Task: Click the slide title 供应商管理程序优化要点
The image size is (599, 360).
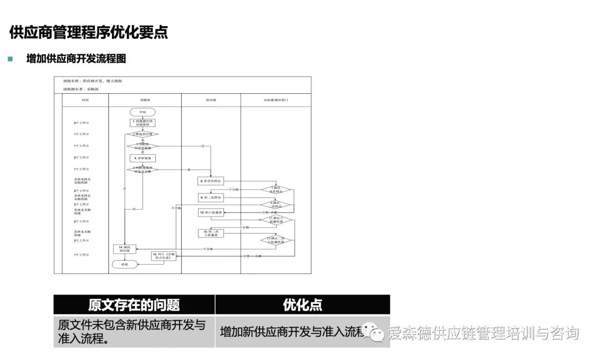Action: (89, 32)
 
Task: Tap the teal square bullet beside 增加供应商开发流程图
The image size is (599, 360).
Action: (10, 59)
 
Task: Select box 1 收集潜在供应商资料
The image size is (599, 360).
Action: (143, 123)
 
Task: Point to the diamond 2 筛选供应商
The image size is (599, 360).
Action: (143, 134)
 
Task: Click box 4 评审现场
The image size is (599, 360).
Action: (143, 158)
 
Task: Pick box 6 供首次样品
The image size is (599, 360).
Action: (211, 181)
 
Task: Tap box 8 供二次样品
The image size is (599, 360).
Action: (211, 197)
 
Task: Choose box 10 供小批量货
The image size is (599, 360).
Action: (211, 212)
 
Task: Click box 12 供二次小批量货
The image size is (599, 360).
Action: (211, 234)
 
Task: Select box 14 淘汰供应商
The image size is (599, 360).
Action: (125, 249)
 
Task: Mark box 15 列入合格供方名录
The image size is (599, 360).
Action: (164, 255)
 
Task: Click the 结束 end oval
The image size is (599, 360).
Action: (125, 264)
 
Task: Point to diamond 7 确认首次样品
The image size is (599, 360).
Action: (276, 190)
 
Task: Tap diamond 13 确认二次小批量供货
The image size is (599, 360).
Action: (276, 241)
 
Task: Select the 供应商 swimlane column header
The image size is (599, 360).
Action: (211, 100)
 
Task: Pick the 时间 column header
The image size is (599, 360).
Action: (85, 100)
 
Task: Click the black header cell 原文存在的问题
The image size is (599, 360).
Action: (134, 305)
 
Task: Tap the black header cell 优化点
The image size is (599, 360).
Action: (302, 305)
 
